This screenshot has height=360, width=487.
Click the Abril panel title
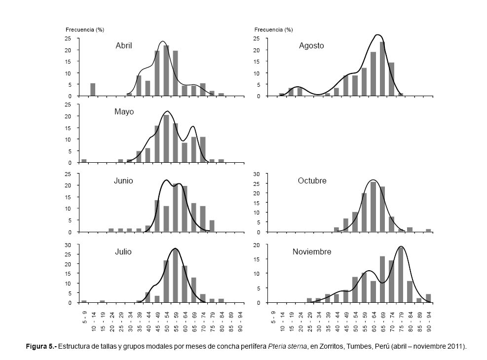pos(123,45)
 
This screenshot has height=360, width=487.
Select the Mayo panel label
pos(124,111)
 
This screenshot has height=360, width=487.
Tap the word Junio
pos(123,180)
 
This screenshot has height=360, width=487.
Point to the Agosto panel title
pos(311,45)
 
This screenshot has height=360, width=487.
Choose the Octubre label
pos(312,180)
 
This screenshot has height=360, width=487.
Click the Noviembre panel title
pos(312,252)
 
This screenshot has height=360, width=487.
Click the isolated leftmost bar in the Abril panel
pos(93,90)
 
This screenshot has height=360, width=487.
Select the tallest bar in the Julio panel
pos(175,276)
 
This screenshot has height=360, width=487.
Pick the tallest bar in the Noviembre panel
pos(401,275)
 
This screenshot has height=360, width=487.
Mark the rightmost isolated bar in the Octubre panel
pos(428,230)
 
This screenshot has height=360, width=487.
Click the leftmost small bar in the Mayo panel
pos(84,161)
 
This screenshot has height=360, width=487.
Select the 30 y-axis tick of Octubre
pos(257,174)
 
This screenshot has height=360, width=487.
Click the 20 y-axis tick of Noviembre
pos(257,245)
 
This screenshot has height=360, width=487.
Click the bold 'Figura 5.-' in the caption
pos(41,346)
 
